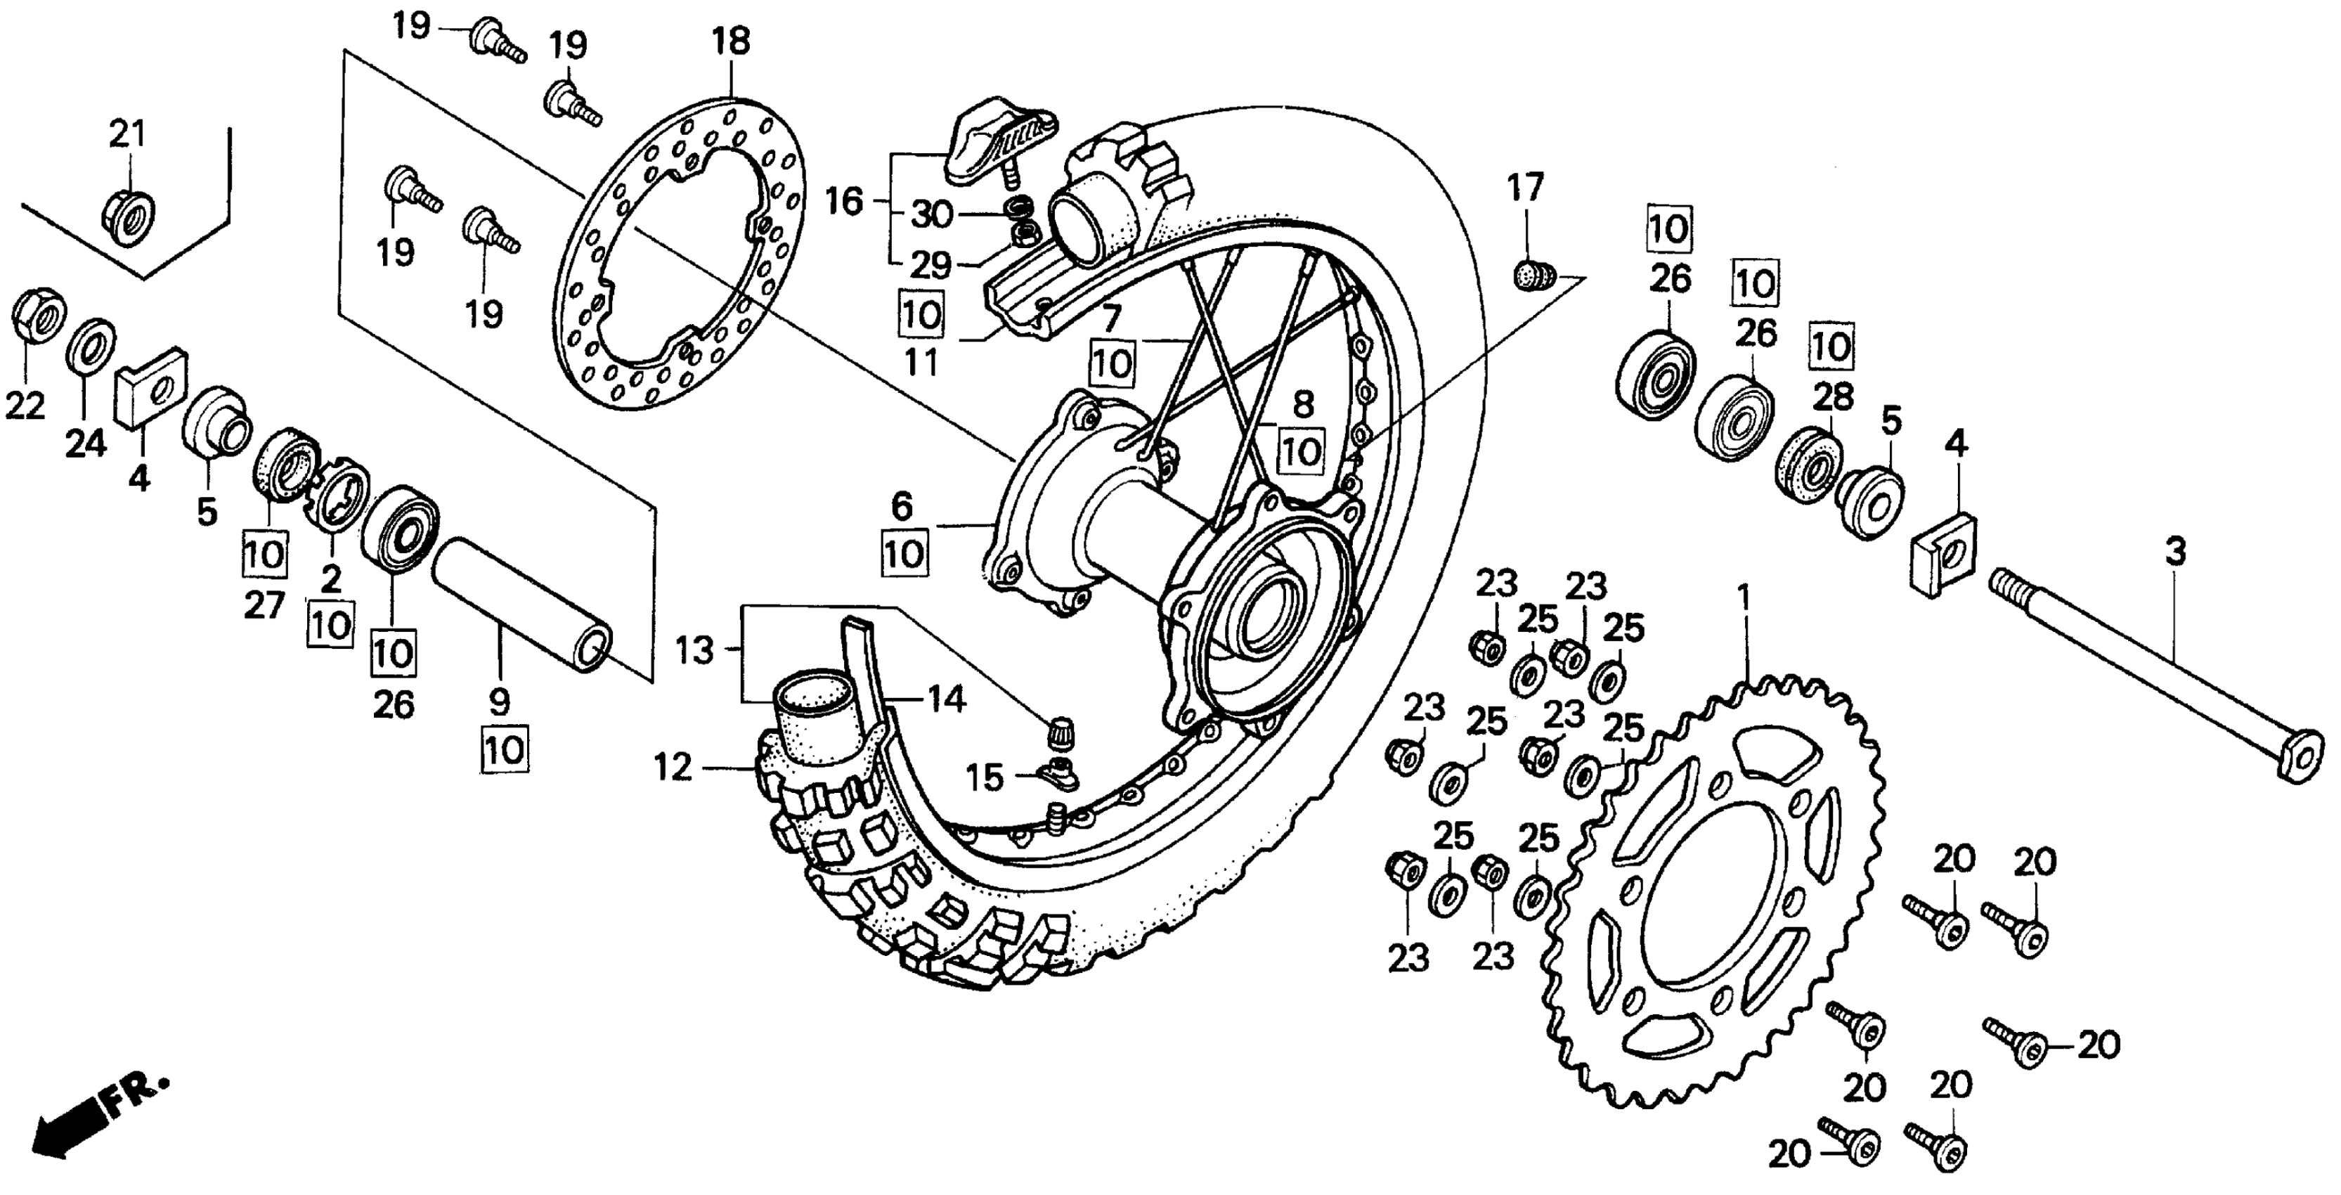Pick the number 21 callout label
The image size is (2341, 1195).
127,134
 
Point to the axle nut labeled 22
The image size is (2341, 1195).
38,316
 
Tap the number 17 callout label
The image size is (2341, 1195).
1525,188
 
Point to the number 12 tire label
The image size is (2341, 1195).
673,769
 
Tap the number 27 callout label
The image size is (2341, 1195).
264,605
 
